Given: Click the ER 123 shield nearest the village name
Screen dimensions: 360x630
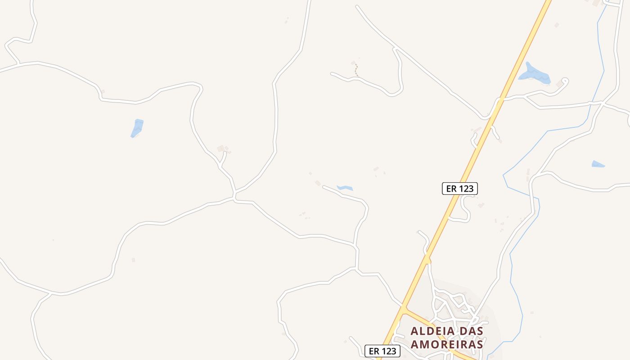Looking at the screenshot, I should point(382,351).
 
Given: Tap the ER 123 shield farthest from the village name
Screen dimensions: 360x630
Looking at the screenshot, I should point(459,189).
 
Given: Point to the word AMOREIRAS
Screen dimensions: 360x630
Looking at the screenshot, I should point(447,344).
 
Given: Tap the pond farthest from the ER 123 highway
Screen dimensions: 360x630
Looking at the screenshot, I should point(137,127).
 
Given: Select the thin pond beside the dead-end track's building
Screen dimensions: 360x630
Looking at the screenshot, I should point(345,188).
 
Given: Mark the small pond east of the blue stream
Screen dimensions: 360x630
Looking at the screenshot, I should point(598,164).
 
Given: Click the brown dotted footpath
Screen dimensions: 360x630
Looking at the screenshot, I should point(356,70).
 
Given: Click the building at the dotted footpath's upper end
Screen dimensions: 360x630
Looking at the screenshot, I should point(353,63).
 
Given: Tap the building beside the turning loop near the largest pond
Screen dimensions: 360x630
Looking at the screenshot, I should point(560,84).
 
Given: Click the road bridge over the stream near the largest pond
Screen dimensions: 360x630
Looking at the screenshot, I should point(590,103).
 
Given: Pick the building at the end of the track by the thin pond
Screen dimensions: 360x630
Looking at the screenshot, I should point(318,183).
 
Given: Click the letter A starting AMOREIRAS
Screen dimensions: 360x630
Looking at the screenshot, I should point(415,344).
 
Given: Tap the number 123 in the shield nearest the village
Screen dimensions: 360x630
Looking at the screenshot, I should point(388,351).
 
